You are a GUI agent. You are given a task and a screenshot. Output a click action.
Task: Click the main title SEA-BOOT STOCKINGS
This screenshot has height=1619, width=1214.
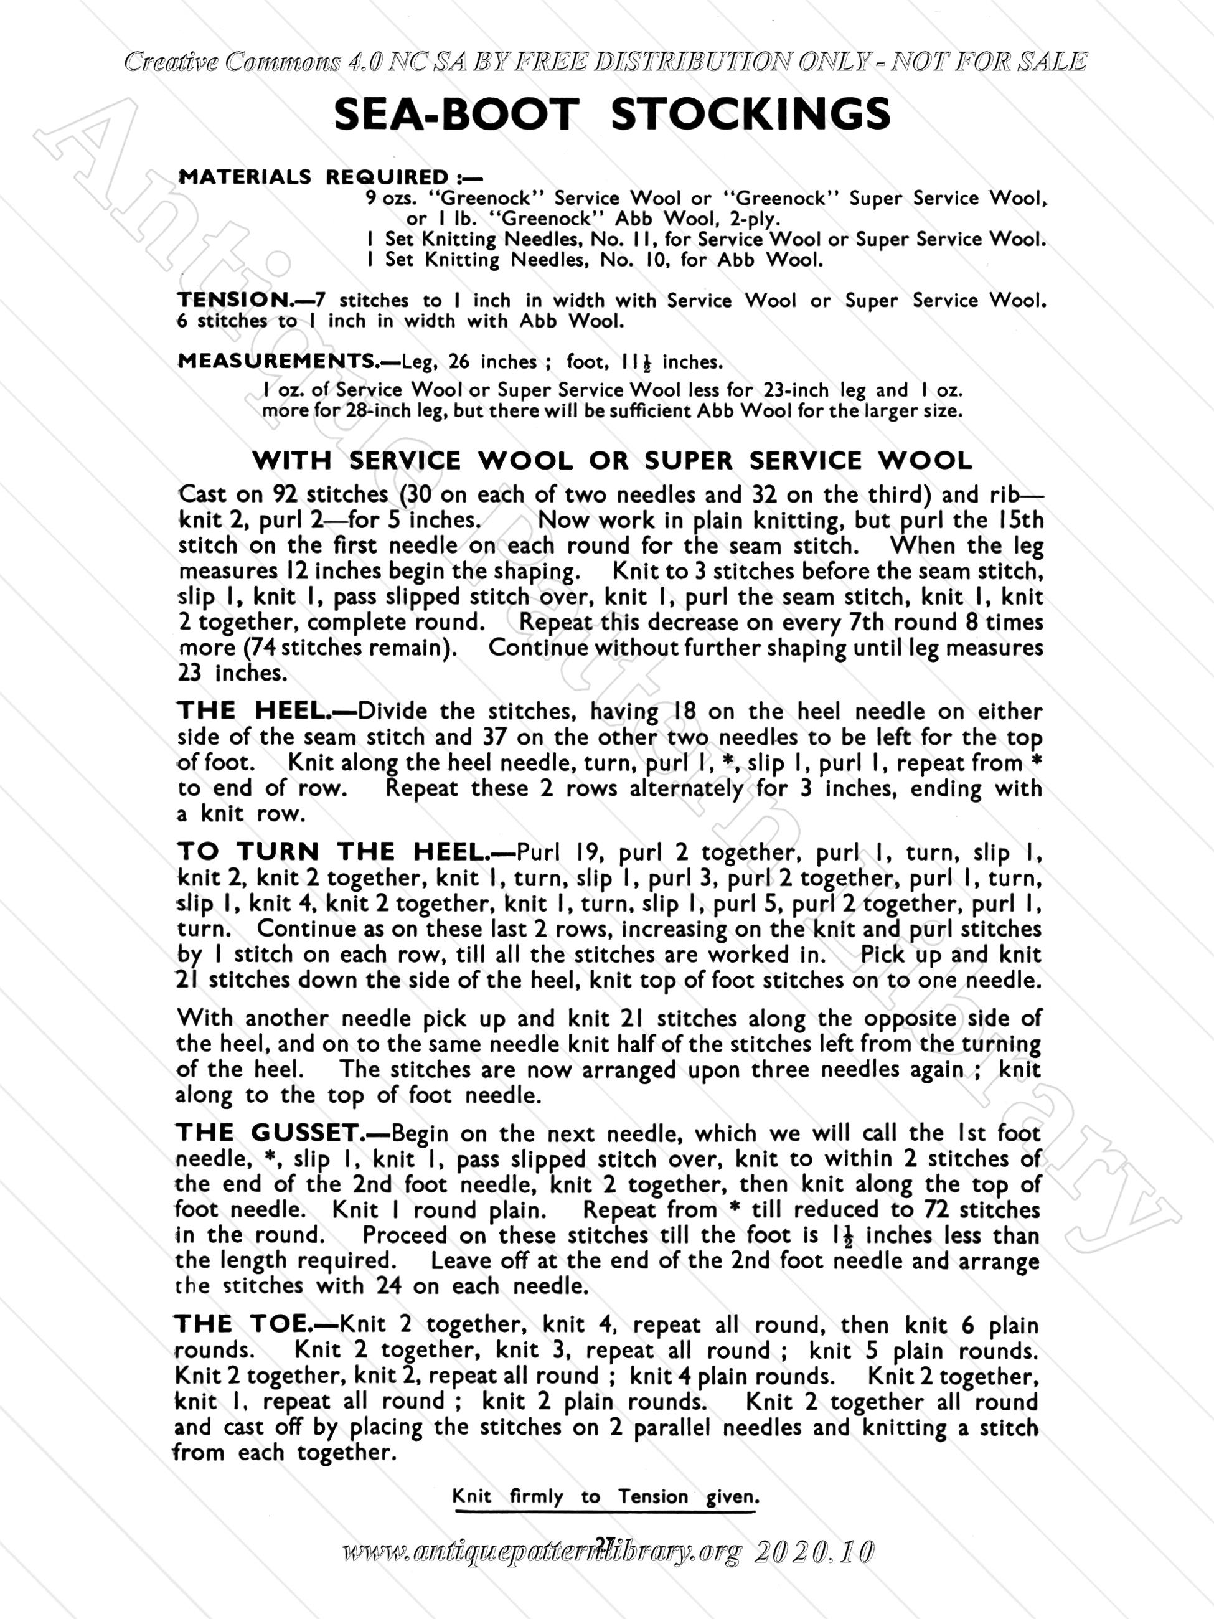tap(612, 115)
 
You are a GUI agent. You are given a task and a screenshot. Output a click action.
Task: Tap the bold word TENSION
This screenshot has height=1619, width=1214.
tap(234, 300)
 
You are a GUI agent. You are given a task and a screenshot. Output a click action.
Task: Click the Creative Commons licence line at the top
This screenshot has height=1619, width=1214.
tap(606, 62)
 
